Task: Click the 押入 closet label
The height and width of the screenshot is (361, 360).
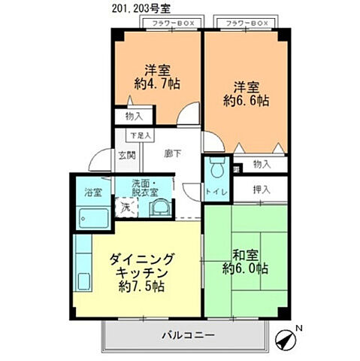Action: (x=260, y=189)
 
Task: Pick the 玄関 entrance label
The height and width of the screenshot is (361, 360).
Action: (x=126, y=156)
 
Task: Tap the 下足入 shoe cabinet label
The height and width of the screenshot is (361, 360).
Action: (x=140, y=135)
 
